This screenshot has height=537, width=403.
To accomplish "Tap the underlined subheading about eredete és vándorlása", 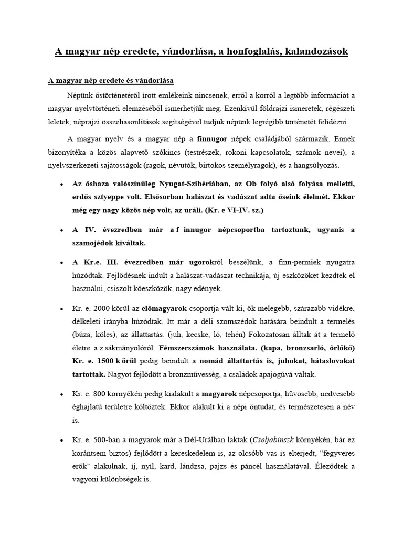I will (111, 81).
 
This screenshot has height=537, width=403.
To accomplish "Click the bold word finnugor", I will (215, 139).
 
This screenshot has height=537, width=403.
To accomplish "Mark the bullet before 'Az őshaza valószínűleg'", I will (62, 185).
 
